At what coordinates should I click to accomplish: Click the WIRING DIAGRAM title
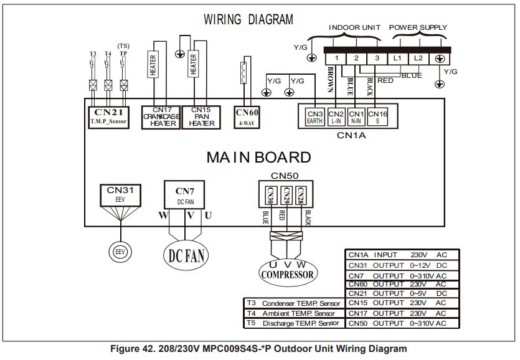[x=248, y=20]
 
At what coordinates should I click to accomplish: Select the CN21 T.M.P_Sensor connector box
[x=108, y=116]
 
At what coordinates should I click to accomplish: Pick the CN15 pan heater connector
[x=202, y=116]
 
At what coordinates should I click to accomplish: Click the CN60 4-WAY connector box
[x=247, y=116]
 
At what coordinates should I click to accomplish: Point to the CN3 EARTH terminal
[x=315, y=116]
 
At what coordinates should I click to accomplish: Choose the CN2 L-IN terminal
[x=336, y=116]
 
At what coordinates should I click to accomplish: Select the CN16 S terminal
[x=377, y=116]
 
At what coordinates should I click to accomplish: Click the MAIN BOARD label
[x=258, y=158]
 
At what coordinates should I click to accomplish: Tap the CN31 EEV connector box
[x=120, y=194]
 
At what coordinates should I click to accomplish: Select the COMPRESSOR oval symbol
[x=287, y=273]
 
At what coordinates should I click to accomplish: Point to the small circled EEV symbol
[x=120, y=252]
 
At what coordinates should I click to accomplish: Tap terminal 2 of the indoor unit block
[x=356, y=58]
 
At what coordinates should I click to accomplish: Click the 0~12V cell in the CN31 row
[x=422, y=265]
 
